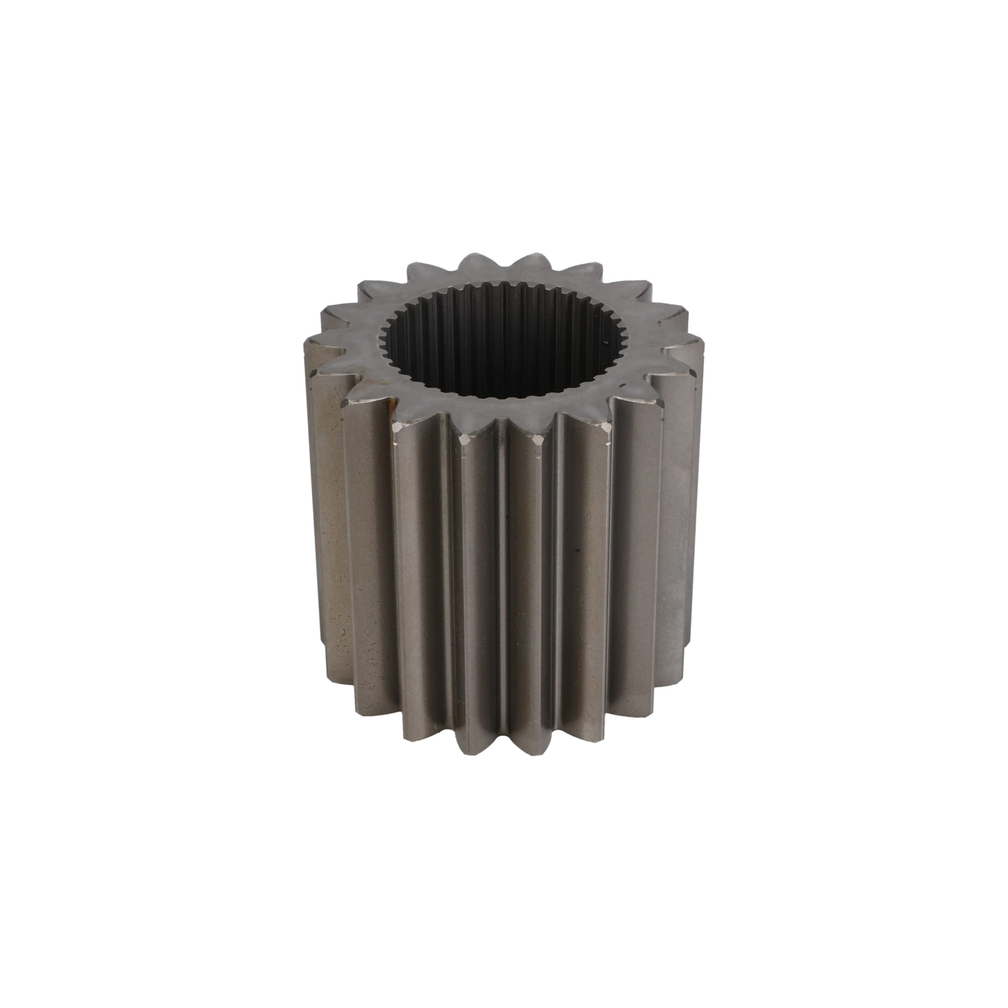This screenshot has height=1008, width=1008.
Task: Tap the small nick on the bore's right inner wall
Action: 605,343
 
